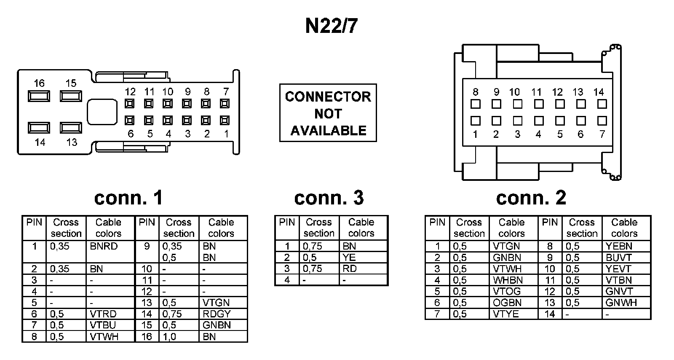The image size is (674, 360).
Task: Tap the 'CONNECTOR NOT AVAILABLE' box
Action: click(328, 113)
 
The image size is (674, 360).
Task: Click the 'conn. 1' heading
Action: click(128, 198)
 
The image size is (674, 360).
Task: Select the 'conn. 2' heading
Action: click(531, 198)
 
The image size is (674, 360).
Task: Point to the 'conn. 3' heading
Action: click(329, 198)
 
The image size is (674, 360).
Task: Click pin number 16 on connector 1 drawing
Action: click(39, 83)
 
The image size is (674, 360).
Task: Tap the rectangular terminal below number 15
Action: click(71, 96)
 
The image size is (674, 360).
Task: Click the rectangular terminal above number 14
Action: click(39, 127)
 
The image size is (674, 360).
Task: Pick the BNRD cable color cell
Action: click(104, 246)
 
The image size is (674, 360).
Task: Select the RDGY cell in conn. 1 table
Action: click(217, 314)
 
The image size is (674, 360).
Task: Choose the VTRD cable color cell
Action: click(103, 314)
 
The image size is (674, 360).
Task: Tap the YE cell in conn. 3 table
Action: click(349, 258)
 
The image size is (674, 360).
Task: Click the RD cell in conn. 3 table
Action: click(350, 269)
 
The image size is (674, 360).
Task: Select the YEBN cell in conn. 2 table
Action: click(619, 246)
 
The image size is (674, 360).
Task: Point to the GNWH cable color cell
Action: click(621, 303)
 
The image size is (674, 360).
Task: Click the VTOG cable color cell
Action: click(507, 291)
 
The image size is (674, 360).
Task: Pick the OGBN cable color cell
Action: click(508, 303)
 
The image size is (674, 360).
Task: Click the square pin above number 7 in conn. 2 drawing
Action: click(602, 121)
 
